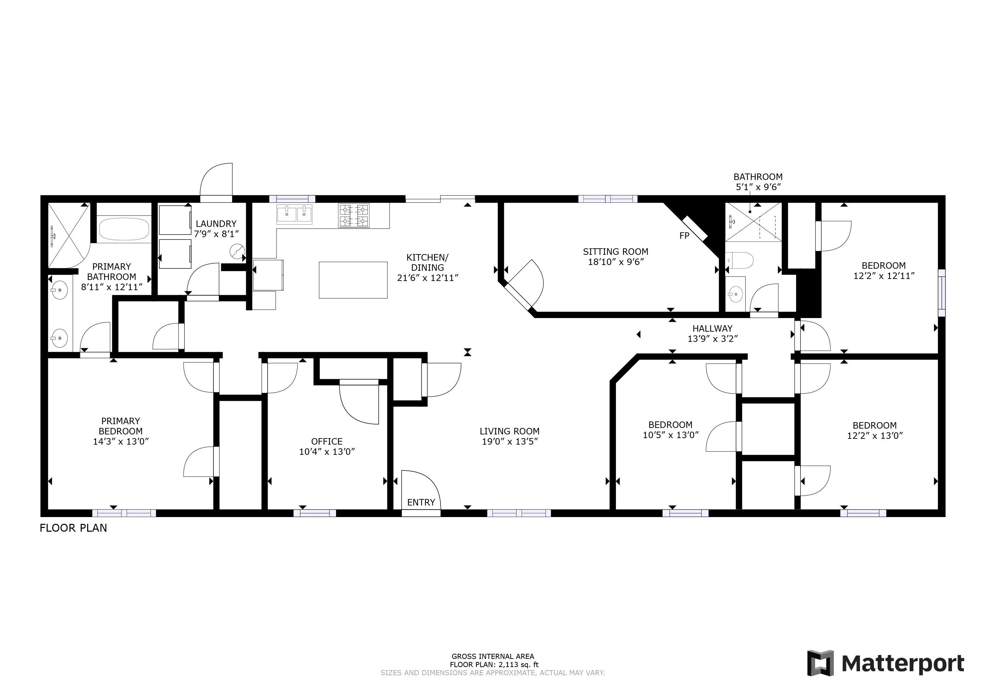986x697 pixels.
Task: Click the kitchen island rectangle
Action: click(353, 280)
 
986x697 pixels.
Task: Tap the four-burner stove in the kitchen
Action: click(353, 215)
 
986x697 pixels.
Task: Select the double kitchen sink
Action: click(294, 214)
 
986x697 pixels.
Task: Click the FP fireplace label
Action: click(684, 236)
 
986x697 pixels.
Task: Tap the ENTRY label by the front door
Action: click(421, 502)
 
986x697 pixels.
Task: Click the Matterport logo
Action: click(886, 663)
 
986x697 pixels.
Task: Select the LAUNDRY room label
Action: click(216, 223)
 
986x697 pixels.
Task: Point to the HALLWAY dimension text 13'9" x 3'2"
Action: click(713, 338)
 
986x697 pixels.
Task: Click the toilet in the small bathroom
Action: click(742, 260)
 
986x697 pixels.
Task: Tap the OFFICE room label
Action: click(327, 441)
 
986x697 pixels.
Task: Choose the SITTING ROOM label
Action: click(615, 251)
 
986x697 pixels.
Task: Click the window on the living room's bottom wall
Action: click(519, 513)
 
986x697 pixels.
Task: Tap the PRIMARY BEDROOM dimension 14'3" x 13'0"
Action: click(121, 441)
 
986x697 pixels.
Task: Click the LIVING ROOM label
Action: click(509, 431)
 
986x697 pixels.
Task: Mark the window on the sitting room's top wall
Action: click(607, 199)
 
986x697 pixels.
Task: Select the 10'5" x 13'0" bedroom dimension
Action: click(670, 435)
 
